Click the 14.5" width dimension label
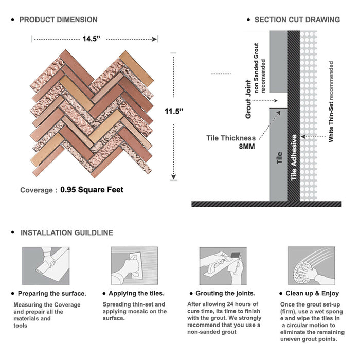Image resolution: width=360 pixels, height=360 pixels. [x=92, y=39]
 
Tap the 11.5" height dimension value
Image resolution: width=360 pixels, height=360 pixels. [x=174, y=112]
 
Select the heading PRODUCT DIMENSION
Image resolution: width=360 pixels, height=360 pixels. [x=58, y=20]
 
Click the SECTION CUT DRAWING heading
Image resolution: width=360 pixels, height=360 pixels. [x=297, y=20]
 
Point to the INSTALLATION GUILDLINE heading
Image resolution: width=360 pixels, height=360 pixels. [x=67, y=233]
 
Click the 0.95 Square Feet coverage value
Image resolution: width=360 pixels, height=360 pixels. [x=92, y=190]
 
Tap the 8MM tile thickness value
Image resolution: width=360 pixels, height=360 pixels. [x=247, y=147]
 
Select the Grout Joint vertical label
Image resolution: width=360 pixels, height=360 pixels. [x=248, y=99]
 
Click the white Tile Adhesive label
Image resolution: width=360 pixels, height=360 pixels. [x=294, y=157]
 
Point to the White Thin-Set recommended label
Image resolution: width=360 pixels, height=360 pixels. [x=331, y=101]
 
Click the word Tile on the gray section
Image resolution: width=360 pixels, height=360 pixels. [x=279, y=158]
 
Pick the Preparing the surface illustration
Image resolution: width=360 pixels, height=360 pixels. [x=46, y=266]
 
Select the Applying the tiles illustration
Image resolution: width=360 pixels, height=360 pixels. [x=135, y=266]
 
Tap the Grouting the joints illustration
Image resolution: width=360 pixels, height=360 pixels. [x=223, y=266]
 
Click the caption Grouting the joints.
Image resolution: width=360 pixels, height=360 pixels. [x=225, y=293]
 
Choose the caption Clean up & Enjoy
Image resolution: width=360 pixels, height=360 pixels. [x=312, y=293]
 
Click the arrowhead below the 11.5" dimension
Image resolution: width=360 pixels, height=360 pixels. [x=174, y=177]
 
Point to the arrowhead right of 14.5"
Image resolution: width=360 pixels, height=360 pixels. [x=154, y=39]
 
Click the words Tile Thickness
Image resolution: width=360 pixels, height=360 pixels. [x=231, y=138]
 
